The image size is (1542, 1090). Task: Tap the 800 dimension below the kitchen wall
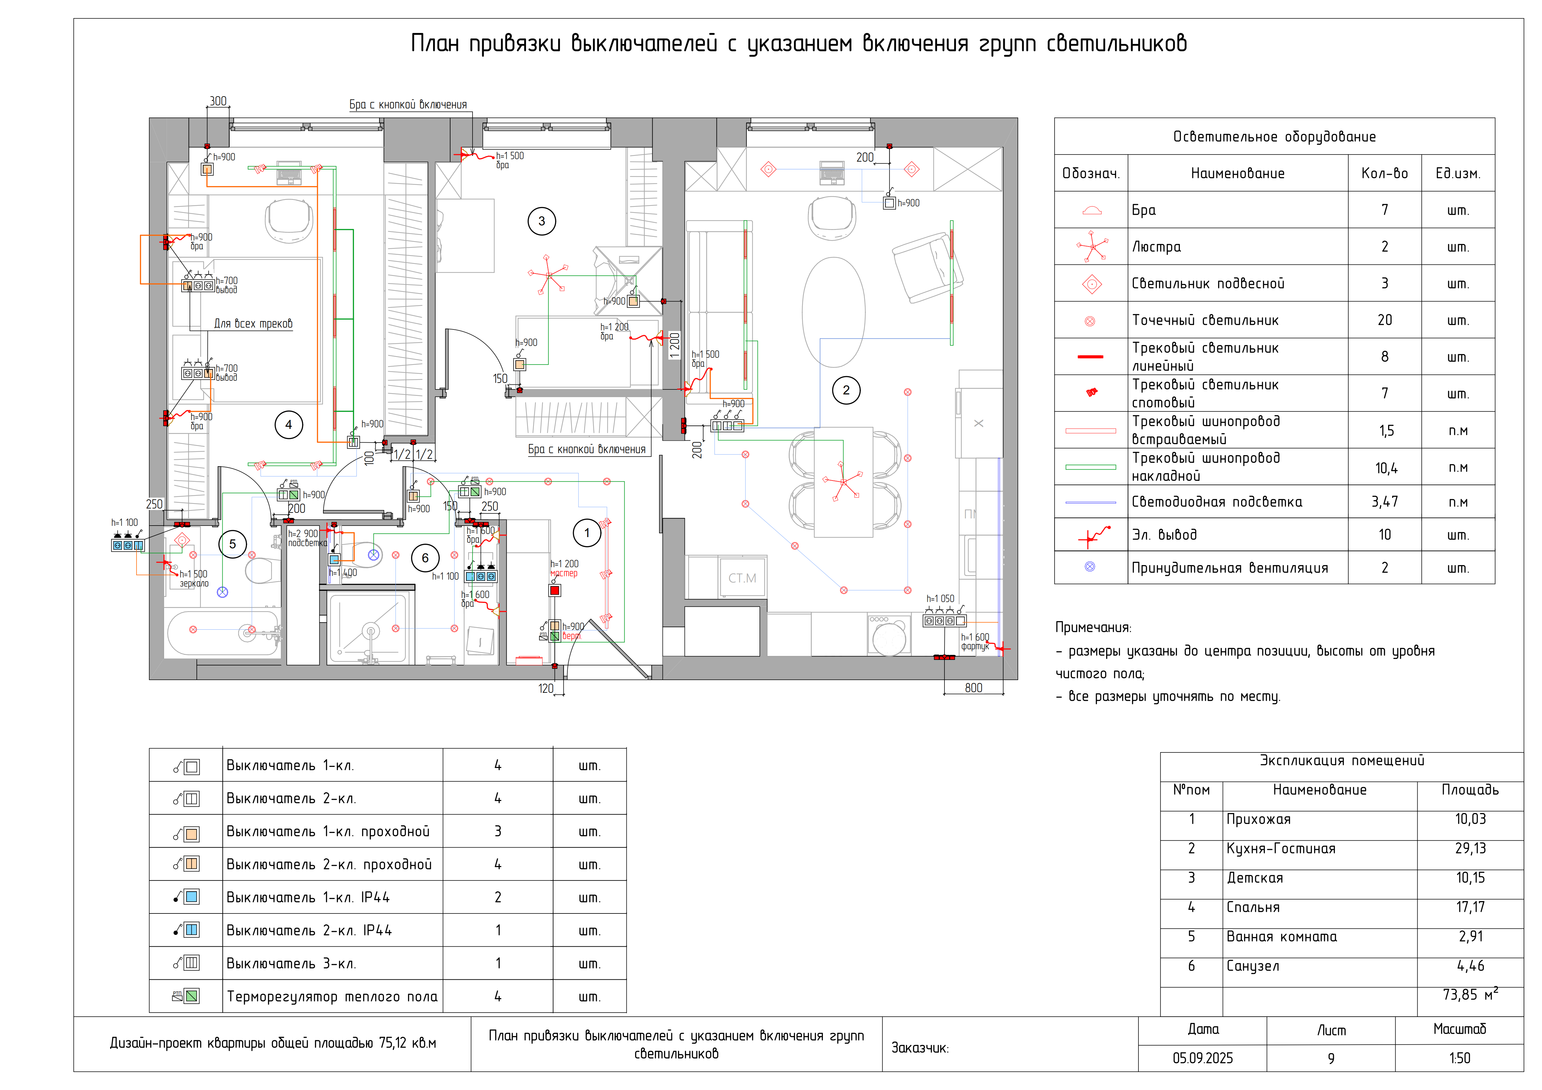973,688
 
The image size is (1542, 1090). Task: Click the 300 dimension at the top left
218,101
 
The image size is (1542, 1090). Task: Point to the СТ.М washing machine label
742,578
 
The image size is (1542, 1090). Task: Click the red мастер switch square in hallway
555,590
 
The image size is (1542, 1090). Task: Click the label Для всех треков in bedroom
253,324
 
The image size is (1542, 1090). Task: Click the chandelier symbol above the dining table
842,481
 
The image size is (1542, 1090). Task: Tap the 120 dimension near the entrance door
546,688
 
